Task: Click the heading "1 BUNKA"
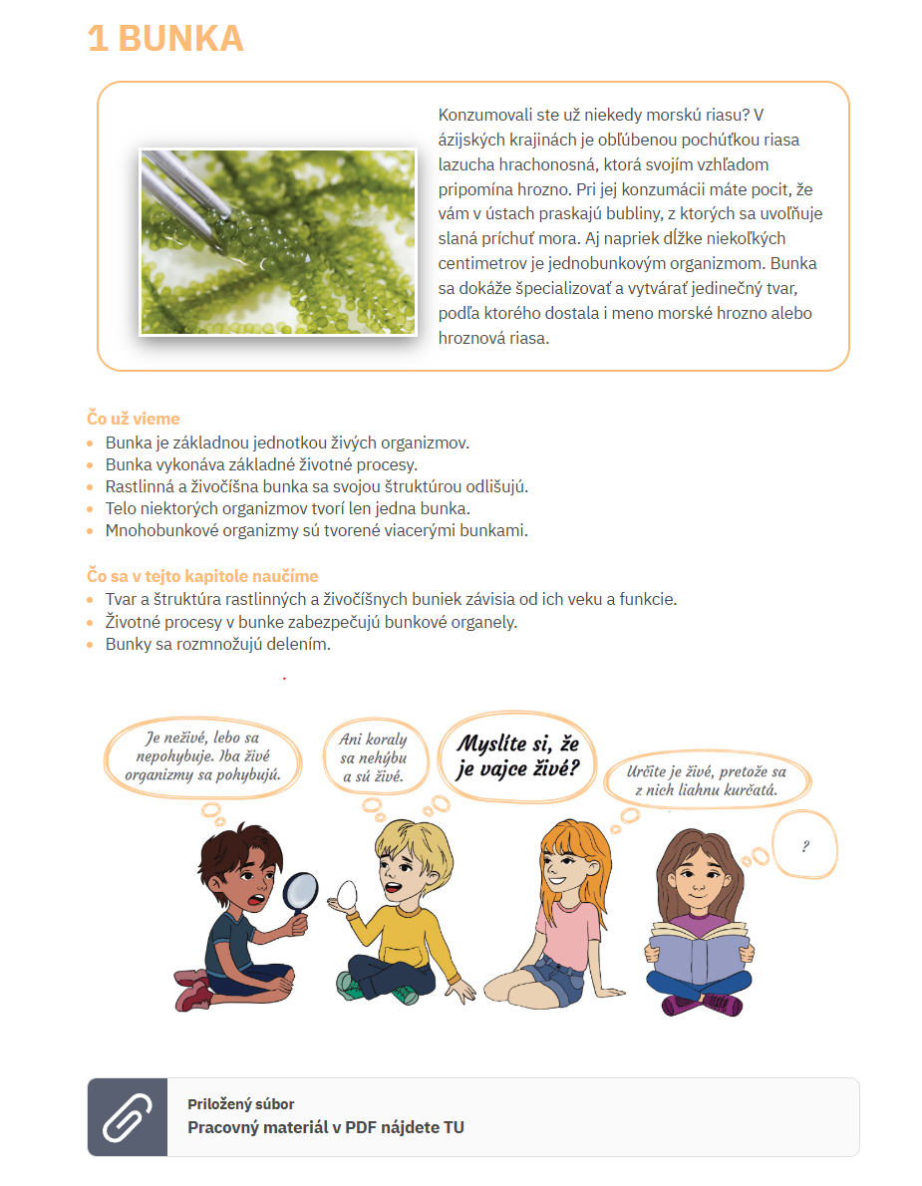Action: click(165, 39)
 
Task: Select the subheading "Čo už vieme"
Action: click(134, 419)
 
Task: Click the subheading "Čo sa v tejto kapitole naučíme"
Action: click(202, 576)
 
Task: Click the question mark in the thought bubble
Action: click(804, 846)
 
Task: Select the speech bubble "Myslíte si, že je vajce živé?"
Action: click(517, 755)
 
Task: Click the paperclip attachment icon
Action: click(128, 1117)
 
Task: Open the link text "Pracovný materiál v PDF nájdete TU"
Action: click(326, 1127)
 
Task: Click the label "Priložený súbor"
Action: click(240, 1103)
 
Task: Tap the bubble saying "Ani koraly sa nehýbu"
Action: click(373, 758)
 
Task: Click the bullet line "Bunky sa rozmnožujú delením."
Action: click(217, 644)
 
